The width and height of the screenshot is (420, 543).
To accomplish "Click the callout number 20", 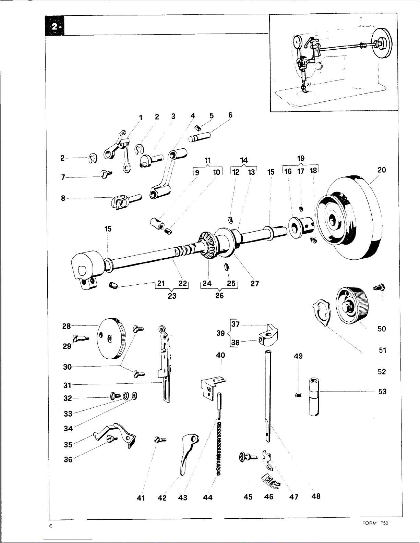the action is pos(381,170).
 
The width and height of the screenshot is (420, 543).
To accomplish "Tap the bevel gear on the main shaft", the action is pos(207,246).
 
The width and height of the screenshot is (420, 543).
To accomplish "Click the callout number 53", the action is pos(382,391).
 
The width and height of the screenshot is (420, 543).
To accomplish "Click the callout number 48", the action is pos(316,496).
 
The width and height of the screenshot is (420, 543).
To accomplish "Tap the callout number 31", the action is pos(67,385).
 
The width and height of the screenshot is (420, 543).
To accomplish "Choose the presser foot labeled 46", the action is pos(270,481).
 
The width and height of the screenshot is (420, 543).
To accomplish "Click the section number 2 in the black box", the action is pos(55,26).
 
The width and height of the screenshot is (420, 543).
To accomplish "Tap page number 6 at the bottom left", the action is pos(50,527).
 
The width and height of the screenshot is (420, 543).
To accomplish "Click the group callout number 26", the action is pos(219,295).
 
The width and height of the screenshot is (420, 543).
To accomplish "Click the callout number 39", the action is pos(220,333).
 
